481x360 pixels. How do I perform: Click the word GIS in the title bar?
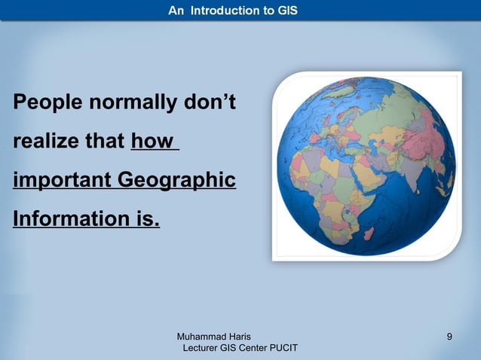[288, 11]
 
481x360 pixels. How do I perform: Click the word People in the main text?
[45, 102]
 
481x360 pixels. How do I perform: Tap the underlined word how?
[152, 142]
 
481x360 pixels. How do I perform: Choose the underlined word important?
[59, 182]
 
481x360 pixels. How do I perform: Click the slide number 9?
[449, 336]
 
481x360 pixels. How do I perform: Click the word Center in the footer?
[248, 348]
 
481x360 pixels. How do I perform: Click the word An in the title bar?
[175, 11]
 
